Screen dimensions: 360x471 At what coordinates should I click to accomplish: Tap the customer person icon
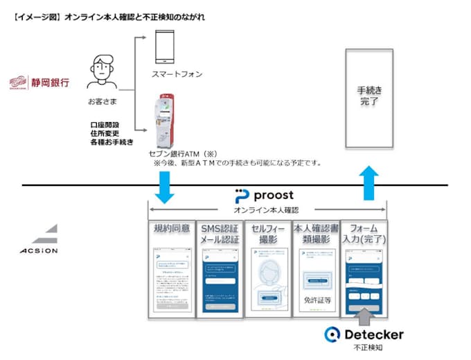point(98,72)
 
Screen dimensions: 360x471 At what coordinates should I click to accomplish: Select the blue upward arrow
point(370,182)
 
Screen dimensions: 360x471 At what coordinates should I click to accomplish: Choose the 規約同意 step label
point(170,228)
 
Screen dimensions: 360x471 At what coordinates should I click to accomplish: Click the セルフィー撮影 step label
point(267,234)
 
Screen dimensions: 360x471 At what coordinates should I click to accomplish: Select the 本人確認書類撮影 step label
point(315,234)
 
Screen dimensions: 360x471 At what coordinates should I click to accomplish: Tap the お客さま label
point(98,101)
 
